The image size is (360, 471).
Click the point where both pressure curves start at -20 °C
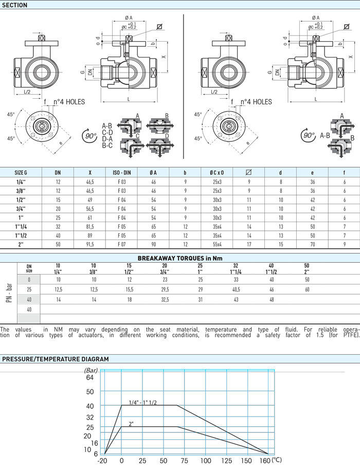pyautogui.click(x=104, y=454)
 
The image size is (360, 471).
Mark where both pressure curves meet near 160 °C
pyautogui.click(x=268, y=454)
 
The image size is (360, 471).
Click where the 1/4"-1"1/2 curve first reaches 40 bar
pyautogui.click(x=121, y=406)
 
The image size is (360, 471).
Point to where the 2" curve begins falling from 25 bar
pyautogui.click(x=177, y=427)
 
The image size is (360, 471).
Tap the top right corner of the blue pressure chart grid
pyautogui.click(x=274, y=370)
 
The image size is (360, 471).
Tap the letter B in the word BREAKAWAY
pyautogui.click(x=140, y=258)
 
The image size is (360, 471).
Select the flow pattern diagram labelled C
pyautogui.click(x=131, y=146)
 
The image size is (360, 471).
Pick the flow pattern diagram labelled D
pyautogui.click(x=160, y=146)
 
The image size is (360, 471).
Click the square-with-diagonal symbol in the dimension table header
pyautogui.click(x=248, y=172)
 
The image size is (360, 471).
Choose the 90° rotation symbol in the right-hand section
pyautogui.click(x=308, y=135)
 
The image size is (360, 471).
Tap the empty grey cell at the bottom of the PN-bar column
pyautogui.click(x=29, y=319)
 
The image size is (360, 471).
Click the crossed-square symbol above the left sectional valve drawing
pyautogui.click(x=159, y=26)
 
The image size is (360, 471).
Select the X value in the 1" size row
pyautogui.click(x=90, y=218)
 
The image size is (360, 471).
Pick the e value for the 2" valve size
pyautogui.click(x=313, y=245)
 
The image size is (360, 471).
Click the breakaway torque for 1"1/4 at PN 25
pyautogui.click(x=236, y=289)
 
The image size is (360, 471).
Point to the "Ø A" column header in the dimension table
pyautogui.click(x=153, y=173)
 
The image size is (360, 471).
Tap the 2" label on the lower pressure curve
pyautogui.click(x=131, y=424)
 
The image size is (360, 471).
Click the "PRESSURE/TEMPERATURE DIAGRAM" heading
pyautogui.click(x=56, y=359)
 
